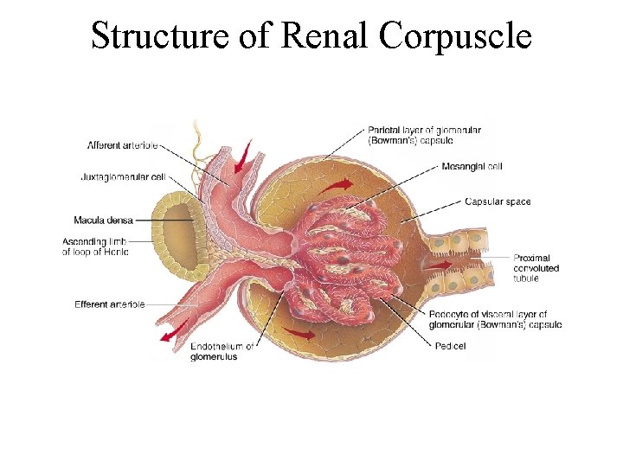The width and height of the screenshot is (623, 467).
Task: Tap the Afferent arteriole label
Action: click(122, 144)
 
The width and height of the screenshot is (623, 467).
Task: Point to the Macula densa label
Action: click(103, 221)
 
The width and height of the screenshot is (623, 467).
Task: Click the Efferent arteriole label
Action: click(109, 304)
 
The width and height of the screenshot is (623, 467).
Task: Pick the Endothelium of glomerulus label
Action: click(222, 352)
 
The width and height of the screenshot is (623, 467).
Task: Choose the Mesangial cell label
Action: click(472, 166)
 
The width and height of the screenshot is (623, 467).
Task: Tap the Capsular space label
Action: click(498, 202)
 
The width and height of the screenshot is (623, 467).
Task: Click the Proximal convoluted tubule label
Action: click(536, 268)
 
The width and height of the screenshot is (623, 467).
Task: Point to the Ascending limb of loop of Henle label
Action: click(95, 246)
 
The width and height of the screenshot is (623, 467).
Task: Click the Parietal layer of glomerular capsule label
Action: click(424, 135)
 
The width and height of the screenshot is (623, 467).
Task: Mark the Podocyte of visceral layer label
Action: click(494, 319)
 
